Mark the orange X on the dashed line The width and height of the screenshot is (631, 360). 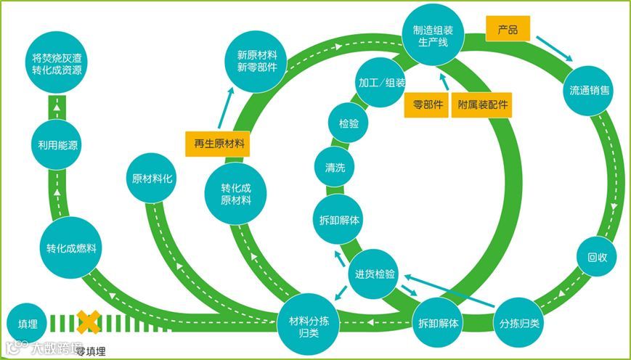(x=89, y=322)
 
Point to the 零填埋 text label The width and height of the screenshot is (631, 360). (x=90, y=351)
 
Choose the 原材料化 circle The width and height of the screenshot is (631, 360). (x=152, y=179)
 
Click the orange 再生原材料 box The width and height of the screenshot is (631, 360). (x=217, y=143)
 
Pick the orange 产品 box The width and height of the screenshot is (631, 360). (x=508, y=30)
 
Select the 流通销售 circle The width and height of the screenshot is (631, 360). (x=590, y=91)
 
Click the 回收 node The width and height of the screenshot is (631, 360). (x=597, y=258)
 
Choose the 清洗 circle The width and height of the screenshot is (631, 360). (x=335, y=168)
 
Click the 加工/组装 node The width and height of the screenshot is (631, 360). (x=381, y=83)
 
